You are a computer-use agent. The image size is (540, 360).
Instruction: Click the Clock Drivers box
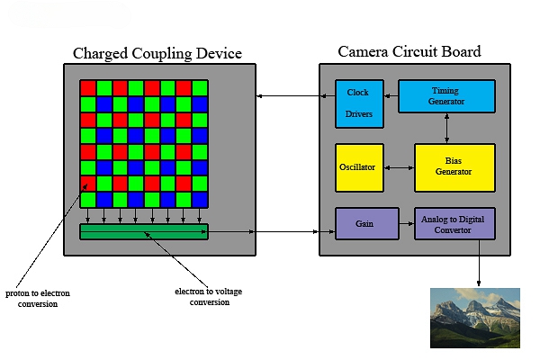[x=358, y=104]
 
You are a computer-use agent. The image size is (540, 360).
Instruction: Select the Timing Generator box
[x=446, y=96]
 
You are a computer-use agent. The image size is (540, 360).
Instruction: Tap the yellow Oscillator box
[x=359, y=167]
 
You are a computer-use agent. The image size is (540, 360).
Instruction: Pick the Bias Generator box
[x=454, y=167]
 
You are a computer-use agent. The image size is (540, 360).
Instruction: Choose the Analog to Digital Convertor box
[x=454, y=223]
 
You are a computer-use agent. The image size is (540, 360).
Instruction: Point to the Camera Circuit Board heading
[x=409, y=51]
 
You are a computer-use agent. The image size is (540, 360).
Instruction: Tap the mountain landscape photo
[x=475, y=317]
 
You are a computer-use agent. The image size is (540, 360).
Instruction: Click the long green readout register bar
[x=144, y=232]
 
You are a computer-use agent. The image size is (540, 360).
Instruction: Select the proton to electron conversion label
[x=37, y=299]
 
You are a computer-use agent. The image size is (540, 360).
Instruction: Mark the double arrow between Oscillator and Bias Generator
[x=399, y=167]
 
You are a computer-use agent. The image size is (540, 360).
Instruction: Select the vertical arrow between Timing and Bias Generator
[x=447, y=128]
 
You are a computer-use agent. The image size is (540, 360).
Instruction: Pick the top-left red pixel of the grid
[x=88, y=88]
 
